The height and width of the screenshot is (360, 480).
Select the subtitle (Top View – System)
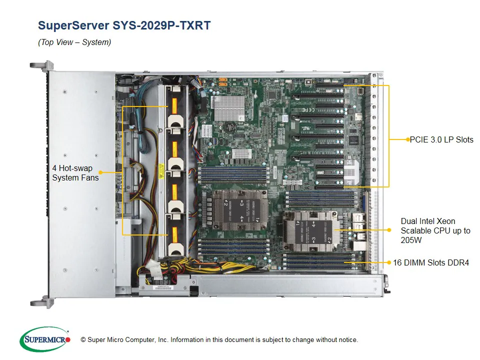coord(74,42)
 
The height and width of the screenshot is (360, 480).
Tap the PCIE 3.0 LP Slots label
coord(441,139)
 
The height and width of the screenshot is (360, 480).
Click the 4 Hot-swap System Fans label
coord(75,172)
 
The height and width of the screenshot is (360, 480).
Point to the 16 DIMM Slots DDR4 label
coord(431,262)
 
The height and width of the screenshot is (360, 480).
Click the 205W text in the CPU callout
coord(410,240)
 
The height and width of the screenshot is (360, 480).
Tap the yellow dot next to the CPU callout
coord(389,230)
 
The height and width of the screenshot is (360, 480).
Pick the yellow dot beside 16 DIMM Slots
coord(389,261)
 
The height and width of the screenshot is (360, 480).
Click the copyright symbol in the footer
coord(83,340)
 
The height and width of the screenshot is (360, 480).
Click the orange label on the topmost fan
coord(174,106)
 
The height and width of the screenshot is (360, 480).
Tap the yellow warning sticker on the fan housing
coord(161,170)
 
